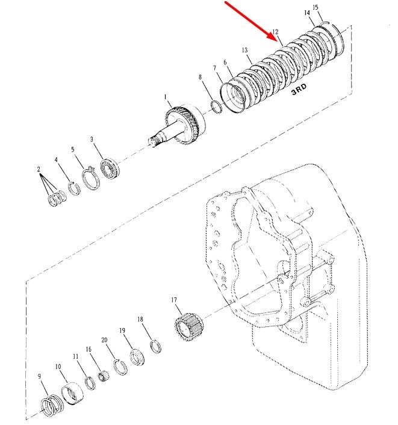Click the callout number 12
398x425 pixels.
point(275,32)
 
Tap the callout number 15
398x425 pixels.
point(316,7)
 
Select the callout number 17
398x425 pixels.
point(174,300)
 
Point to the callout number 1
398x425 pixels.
point(165,97)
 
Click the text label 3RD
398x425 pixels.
point(299,89)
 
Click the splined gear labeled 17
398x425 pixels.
point(188,327)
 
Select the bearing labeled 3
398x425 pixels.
point(110,169)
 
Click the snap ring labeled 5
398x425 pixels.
point(90,178)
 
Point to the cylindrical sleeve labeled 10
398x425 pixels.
point(72,393)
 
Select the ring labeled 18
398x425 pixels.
point(155,346)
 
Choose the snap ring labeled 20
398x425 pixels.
point(120,367)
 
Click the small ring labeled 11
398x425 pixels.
point(90,383)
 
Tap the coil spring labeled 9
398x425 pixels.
point(52,405)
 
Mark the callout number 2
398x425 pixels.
point(39,169)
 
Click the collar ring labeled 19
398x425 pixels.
point(137,357)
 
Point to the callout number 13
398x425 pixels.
point(244,50)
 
